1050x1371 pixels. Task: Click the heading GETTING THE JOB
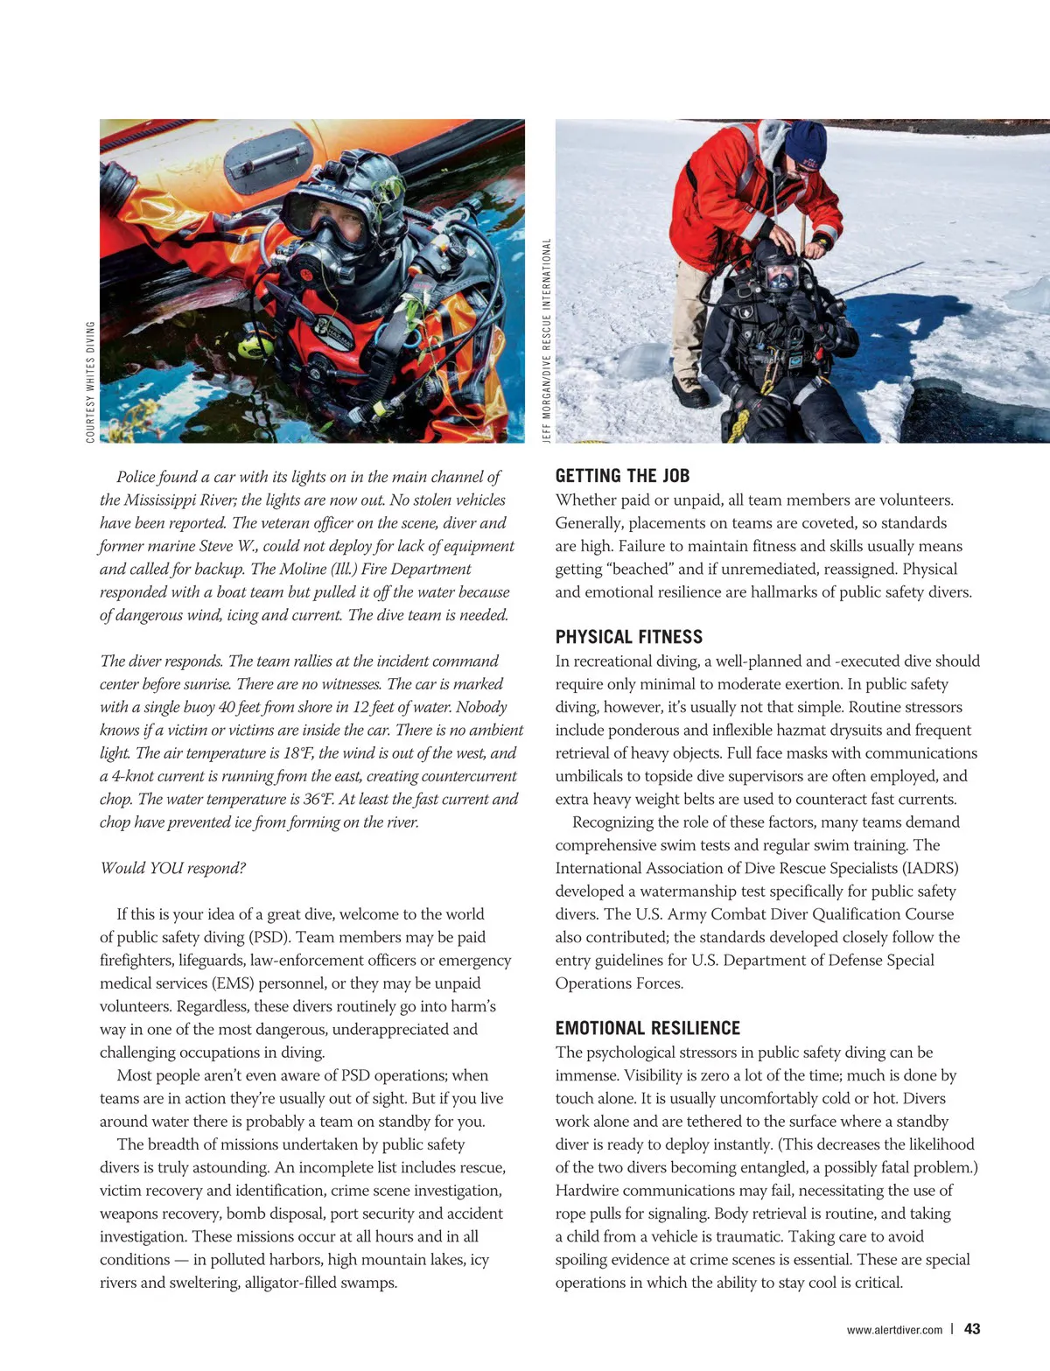(x=622, y=476)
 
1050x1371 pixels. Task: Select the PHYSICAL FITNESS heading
(x=628, y=637)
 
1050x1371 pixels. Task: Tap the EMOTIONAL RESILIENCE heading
(x=647, y=1028)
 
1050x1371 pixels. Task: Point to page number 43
(x=971, y=1328)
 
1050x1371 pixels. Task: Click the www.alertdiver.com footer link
(x=894, y=1330)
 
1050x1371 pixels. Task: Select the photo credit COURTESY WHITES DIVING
(x=90, y=381)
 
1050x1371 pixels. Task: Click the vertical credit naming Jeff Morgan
(x=547, y=340)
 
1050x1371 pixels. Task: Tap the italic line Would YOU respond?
(x=173, y=868)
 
